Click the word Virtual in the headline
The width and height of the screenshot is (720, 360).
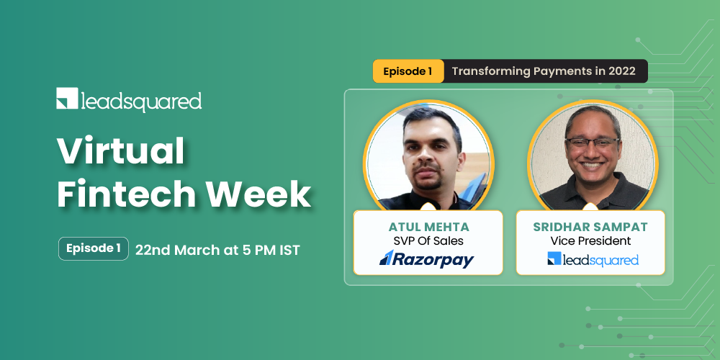coord(120,152)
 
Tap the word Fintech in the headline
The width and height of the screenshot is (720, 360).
coord(116,194)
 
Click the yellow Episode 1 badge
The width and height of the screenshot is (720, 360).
coord(408,71)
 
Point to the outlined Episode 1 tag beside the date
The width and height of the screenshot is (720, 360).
coord(94,248)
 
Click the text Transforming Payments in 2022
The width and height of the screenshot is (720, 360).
coord(544,71)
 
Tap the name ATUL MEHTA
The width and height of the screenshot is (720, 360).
coord(428,227)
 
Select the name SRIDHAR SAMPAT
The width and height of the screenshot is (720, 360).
coord(590,227)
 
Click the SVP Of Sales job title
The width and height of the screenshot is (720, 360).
coord(428,241)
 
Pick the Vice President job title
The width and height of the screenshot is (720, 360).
coord(590,241)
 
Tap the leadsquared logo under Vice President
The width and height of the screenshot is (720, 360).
coord(593,259)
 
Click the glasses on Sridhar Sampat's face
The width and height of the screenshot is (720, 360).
coord(593,142)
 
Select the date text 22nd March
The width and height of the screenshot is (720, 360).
coord(175,250)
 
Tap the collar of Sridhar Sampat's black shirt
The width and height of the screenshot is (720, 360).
coord(593,189)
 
